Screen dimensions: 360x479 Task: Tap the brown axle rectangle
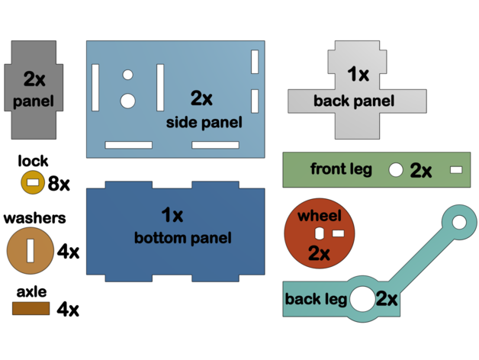coord(31,308)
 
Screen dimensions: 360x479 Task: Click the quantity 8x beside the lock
coord(59,183)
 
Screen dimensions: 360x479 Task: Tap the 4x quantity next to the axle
coord(68,309)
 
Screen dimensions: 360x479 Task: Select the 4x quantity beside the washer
coord(68,251)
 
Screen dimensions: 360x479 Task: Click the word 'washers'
coord(35,218)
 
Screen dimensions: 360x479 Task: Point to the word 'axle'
coord(31,291)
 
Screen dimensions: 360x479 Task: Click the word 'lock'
coord(34,161)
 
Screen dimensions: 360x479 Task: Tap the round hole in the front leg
coord(395,169)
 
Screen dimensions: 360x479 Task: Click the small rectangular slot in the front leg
coord(457,169)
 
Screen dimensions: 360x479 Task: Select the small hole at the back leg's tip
coord(458,223)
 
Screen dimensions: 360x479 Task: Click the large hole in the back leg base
coord(362,299)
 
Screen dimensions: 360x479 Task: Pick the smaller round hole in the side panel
coord(127,76)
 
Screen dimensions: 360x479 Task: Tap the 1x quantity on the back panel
coord(358,75)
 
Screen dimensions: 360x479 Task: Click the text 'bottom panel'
coord(182,238)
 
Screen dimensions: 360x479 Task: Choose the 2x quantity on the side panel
coord(202,98)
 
